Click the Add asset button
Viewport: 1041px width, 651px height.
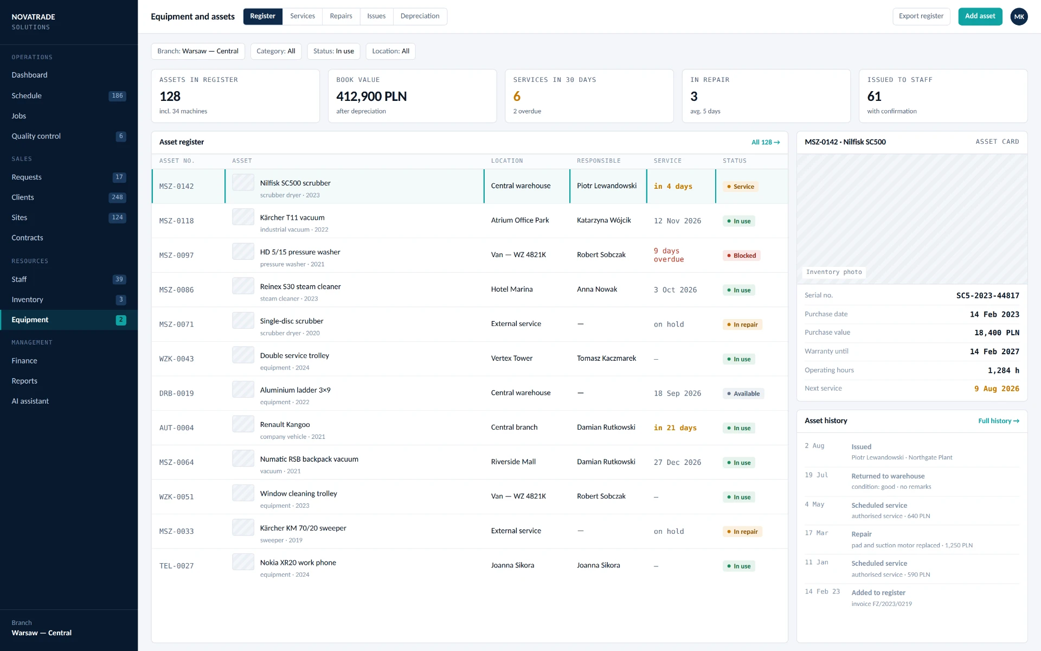980,16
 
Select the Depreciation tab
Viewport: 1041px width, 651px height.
420,16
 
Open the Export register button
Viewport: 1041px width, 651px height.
921,16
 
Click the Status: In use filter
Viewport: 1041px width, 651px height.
333,51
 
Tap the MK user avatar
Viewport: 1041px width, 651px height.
1019,16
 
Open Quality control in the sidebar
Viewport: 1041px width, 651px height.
36,136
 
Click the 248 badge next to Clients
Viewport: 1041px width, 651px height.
117,197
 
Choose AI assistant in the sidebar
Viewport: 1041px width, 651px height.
30,401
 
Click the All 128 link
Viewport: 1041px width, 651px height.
766,142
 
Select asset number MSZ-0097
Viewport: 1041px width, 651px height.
176,256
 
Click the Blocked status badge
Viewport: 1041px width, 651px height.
741,256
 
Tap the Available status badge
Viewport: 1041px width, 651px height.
743,394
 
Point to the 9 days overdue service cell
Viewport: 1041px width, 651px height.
669,255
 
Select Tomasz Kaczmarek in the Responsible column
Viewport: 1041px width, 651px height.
606,359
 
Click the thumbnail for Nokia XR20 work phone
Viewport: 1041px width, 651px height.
243,562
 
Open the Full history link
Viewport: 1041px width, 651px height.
999,421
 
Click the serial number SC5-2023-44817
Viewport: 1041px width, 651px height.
987,296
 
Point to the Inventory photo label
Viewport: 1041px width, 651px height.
833,272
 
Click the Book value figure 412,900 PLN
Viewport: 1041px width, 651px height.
371,97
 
